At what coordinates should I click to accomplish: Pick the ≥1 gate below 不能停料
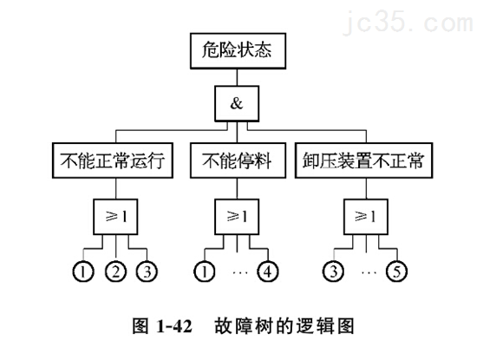point(237,215)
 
